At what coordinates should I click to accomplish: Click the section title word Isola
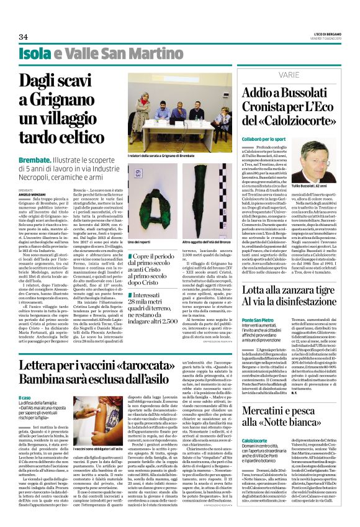pyautogui.click(x=35, y=54)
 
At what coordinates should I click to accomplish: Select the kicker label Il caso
pyautogui.click(x=24, y=397)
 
